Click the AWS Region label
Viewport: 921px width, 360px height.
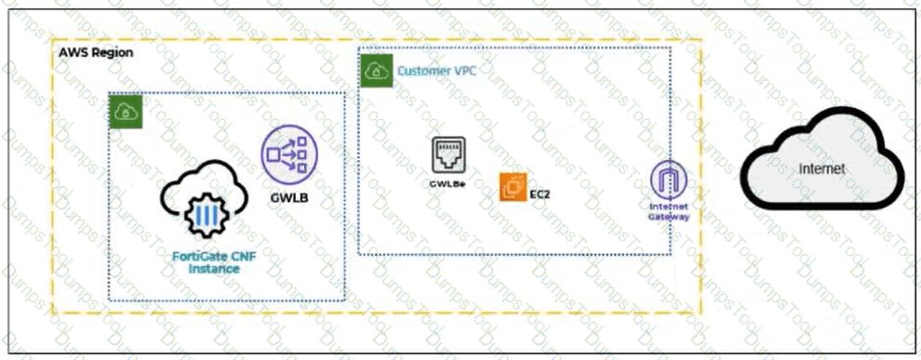pyautogui.click(x=96, y=52)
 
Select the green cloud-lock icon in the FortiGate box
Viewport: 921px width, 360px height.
pyautogui.click(x=127, y=112)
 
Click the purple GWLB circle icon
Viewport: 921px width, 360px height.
pyautogui.click(x=289, y=153)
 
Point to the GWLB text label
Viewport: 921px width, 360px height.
pyautogui.click(x=289, y=198)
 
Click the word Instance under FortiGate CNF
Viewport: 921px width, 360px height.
pyautogui.click(x=214, y=269)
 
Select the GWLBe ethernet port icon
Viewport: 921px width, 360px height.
pyautogui.click(x=448, y=155)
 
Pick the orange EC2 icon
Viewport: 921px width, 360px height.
pyautogui.click(x=514, y=187)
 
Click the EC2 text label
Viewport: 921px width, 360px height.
pyautogui.click(x=541, y=195)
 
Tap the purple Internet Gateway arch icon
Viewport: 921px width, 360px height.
pyautogui.click(x=669, y=179)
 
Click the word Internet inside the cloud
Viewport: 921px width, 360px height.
pyautogui.click(x=821, y=168)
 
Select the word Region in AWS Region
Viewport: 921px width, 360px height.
pyautogui.click(x=113, y=52)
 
